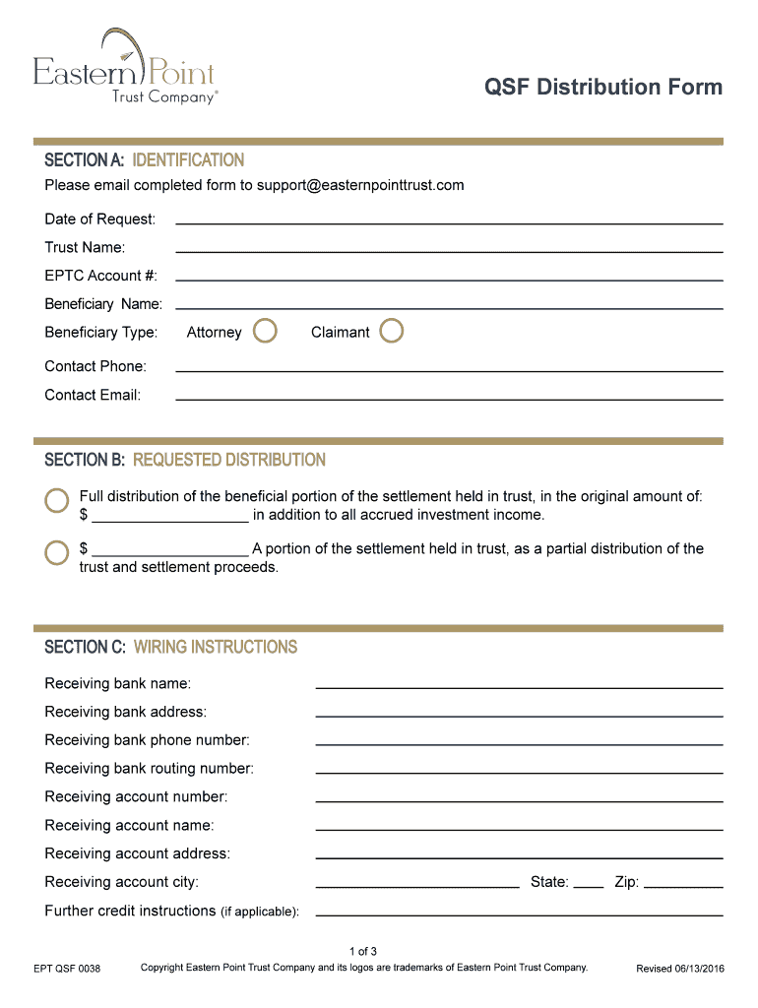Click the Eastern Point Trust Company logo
(125, 69)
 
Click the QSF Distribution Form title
(602, 88)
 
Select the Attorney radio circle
(265, 331)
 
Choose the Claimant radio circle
(392, 331)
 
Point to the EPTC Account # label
(100, 276)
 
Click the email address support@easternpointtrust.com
(360, 185)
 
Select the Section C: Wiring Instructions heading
(170, 647)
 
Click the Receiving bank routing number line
(519, 771)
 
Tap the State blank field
(588, 885)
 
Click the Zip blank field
(682, 885)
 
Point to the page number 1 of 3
(363, 951)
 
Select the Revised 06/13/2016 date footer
(680, 970)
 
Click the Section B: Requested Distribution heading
(185, 460)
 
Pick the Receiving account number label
(136, 796)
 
